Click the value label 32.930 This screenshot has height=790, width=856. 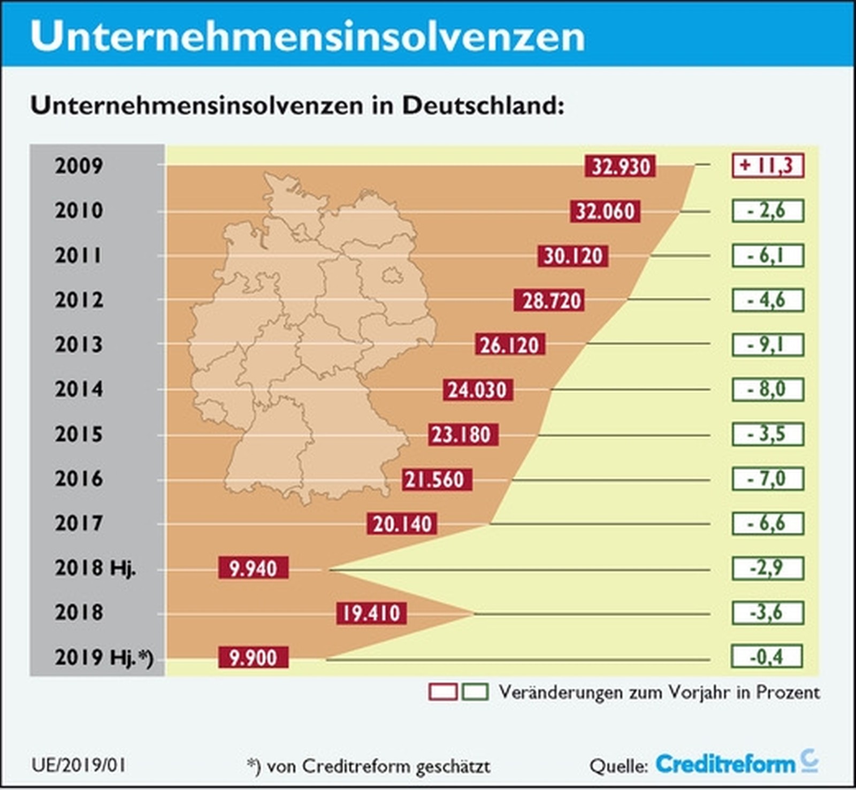coord(620,166)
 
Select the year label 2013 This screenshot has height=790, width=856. coord(79,344)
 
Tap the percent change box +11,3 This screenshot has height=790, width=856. coord(768,165)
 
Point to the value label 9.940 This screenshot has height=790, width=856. coord(253,568)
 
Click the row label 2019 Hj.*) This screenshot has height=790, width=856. coord(103,657)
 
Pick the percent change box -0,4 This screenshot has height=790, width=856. coord(767,657)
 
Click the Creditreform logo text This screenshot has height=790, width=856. coord(725,764)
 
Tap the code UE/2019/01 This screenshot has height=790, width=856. coord(79,765)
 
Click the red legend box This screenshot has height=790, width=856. coord(442,692)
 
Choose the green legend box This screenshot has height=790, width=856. coord(475,692)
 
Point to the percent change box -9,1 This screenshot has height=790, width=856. coord(768,345)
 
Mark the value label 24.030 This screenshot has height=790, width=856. coord(477,390)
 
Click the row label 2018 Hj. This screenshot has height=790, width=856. coord(95,567)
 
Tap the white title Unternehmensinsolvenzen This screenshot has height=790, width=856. coord(307,36)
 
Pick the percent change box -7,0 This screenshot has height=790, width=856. coord(768,479)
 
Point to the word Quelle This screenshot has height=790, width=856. coord(618,766)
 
